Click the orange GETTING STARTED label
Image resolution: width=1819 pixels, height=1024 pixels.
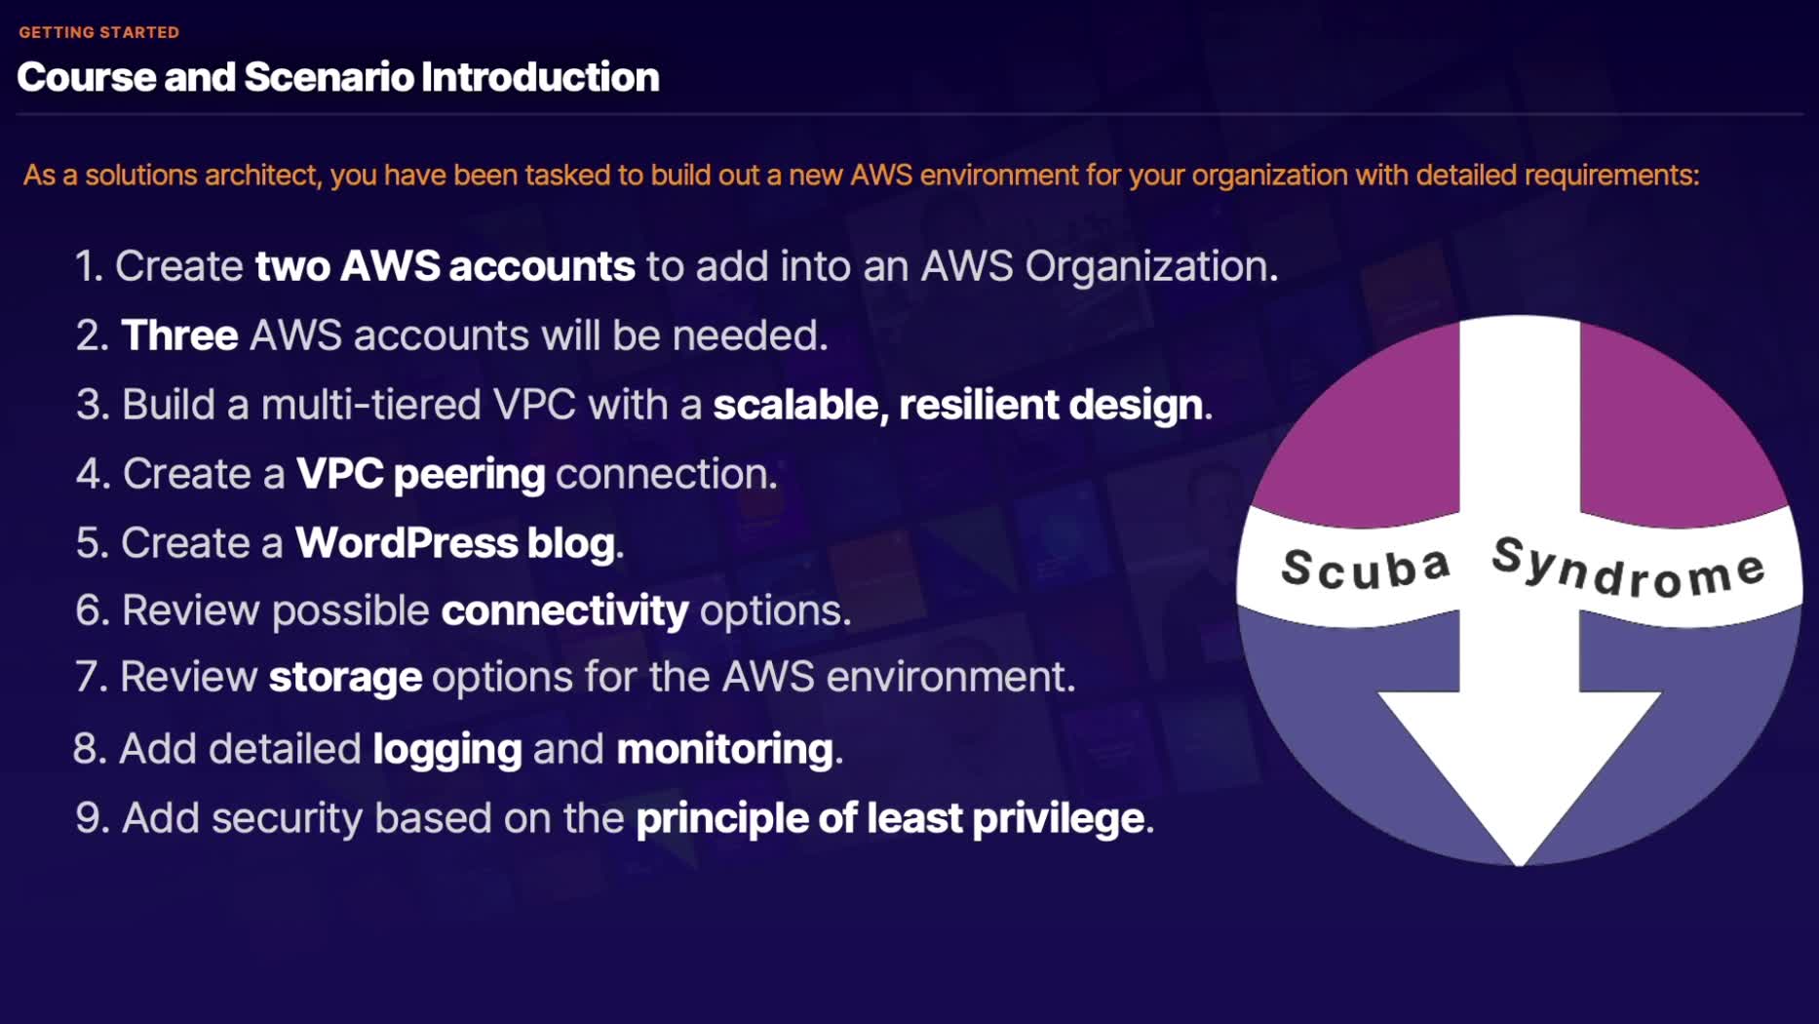coord(98,32)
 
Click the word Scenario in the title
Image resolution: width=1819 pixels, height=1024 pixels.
coord(329,77)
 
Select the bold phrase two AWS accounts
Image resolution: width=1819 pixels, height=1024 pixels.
coord(445,266)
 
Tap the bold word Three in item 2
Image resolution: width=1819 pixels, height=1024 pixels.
coord(179,335)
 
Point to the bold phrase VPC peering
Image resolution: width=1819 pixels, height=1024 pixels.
coord(420,474)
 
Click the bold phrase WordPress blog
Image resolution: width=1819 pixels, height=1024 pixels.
coord(454,543)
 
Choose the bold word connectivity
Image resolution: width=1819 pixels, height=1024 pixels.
coord(564,610)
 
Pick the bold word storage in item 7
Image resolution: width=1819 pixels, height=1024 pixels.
coord(345,677)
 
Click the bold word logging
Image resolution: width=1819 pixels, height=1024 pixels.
coord(447,749)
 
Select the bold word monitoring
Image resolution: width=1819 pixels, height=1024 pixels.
coord(724,749)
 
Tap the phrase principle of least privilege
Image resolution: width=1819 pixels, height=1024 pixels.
coord(889,818)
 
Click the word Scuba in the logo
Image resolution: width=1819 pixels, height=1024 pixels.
coord(1366,569)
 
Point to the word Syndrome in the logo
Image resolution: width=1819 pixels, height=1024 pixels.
coord(1628,567)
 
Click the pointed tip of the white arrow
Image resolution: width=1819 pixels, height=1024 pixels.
coord(1520,859)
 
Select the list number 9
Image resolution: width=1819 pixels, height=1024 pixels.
coord(92,818)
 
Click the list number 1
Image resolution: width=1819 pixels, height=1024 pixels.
coord(89,266)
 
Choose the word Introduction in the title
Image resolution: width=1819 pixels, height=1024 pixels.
coord(540,77)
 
